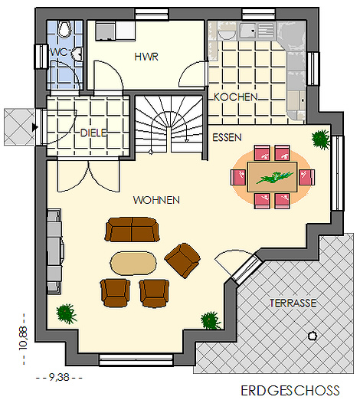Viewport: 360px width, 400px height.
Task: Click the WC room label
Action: point(59,52)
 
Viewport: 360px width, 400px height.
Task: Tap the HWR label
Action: point(146,57)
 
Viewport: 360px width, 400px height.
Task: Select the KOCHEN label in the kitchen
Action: point(236,97)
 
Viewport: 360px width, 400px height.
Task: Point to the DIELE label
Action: point(93,133)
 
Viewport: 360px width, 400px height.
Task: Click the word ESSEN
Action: point(227,138)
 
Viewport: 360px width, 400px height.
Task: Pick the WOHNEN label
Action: point(156,200)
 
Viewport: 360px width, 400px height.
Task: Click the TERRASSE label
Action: point(293,303)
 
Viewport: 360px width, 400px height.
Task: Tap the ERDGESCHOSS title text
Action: point(290,391)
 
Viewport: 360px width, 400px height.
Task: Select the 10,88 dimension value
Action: point(23,338)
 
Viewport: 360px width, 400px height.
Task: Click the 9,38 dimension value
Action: point(59,377)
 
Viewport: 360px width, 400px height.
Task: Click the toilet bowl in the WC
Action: point(65,29)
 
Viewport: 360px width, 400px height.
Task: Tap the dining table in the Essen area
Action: point(272,177)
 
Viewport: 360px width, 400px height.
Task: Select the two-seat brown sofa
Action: point(132,229)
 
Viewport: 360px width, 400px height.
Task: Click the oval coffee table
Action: point(133,264)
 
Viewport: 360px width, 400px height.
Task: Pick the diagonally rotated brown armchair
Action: point(182,260)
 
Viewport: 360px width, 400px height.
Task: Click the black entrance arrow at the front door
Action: point(35,127)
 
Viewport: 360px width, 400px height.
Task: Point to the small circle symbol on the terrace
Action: point(312,336)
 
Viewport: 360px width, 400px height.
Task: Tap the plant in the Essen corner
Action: point(321,139)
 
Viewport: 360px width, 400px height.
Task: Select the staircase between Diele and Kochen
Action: point(169,124)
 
